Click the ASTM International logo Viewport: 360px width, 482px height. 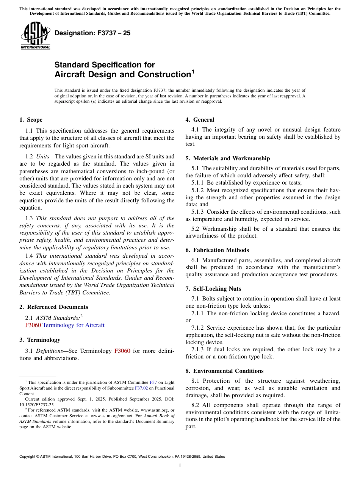[x=35, y=35]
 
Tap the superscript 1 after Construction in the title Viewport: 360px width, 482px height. [x=193, y=71]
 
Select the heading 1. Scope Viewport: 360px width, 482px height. [x=31, y=120]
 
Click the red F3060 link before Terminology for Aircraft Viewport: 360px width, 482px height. [x=33, y=325]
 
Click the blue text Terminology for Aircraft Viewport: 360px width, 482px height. [x=74, y=325]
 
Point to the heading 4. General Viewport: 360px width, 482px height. [x=200, y=120]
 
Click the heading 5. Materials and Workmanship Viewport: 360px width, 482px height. [x=227, y=158]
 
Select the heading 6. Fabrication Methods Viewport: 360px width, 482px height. [x=217, y=250]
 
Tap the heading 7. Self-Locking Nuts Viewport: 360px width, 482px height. [x=213, y=289]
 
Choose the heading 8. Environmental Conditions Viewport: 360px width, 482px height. [x=224, y=371]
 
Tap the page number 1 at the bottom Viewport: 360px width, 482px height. [x=180, y=466]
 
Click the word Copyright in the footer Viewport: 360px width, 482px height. [x=28, y=457]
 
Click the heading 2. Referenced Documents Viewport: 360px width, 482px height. [x=54, y=307]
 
